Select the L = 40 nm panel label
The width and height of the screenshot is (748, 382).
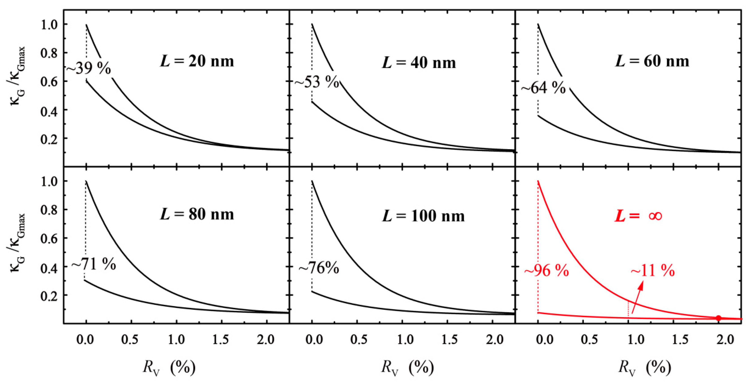418,63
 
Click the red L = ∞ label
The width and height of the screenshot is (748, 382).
638,216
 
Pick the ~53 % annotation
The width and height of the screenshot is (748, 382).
317,83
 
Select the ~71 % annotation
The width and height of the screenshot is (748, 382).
93,265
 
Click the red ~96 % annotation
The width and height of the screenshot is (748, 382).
546,271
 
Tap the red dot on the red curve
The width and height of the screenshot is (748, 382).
718,318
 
